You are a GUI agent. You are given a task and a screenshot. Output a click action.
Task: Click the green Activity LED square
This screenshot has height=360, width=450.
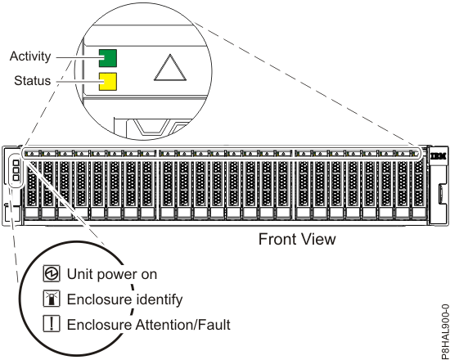108,58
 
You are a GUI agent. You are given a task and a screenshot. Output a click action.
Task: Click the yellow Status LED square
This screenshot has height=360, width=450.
108,82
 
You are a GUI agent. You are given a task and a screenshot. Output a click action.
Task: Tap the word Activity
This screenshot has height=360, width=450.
30,56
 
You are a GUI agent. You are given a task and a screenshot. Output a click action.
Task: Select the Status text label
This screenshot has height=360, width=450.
33,81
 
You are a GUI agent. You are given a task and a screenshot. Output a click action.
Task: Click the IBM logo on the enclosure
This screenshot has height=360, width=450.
439,156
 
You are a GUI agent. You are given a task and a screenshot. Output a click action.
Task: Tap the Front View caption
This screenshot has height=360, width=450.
297,239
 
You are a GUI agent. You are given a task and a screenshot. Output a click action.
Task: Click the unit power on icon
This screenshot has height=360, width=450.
52,273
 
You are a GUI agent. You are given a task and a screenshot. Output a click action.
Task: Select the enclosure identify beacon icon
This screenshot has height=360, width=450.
52,299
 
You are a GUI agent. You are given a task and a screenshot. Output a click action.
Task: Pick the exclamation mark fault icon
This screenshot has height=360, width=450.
52,323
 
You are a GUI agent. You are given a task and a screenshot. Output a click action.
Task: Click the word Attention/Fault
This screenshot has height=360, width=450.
182,325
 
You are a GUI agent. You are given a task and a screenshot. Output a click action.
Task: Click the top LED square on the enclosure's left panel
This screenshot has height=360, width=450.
16,163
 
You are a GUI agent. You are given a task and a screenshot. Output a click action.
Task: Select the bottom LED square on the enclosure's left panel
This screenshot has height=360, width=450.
16,178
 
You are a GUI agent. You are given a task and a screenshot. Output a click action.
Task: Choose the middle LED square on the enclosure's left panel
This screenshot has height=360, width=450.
16,170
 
